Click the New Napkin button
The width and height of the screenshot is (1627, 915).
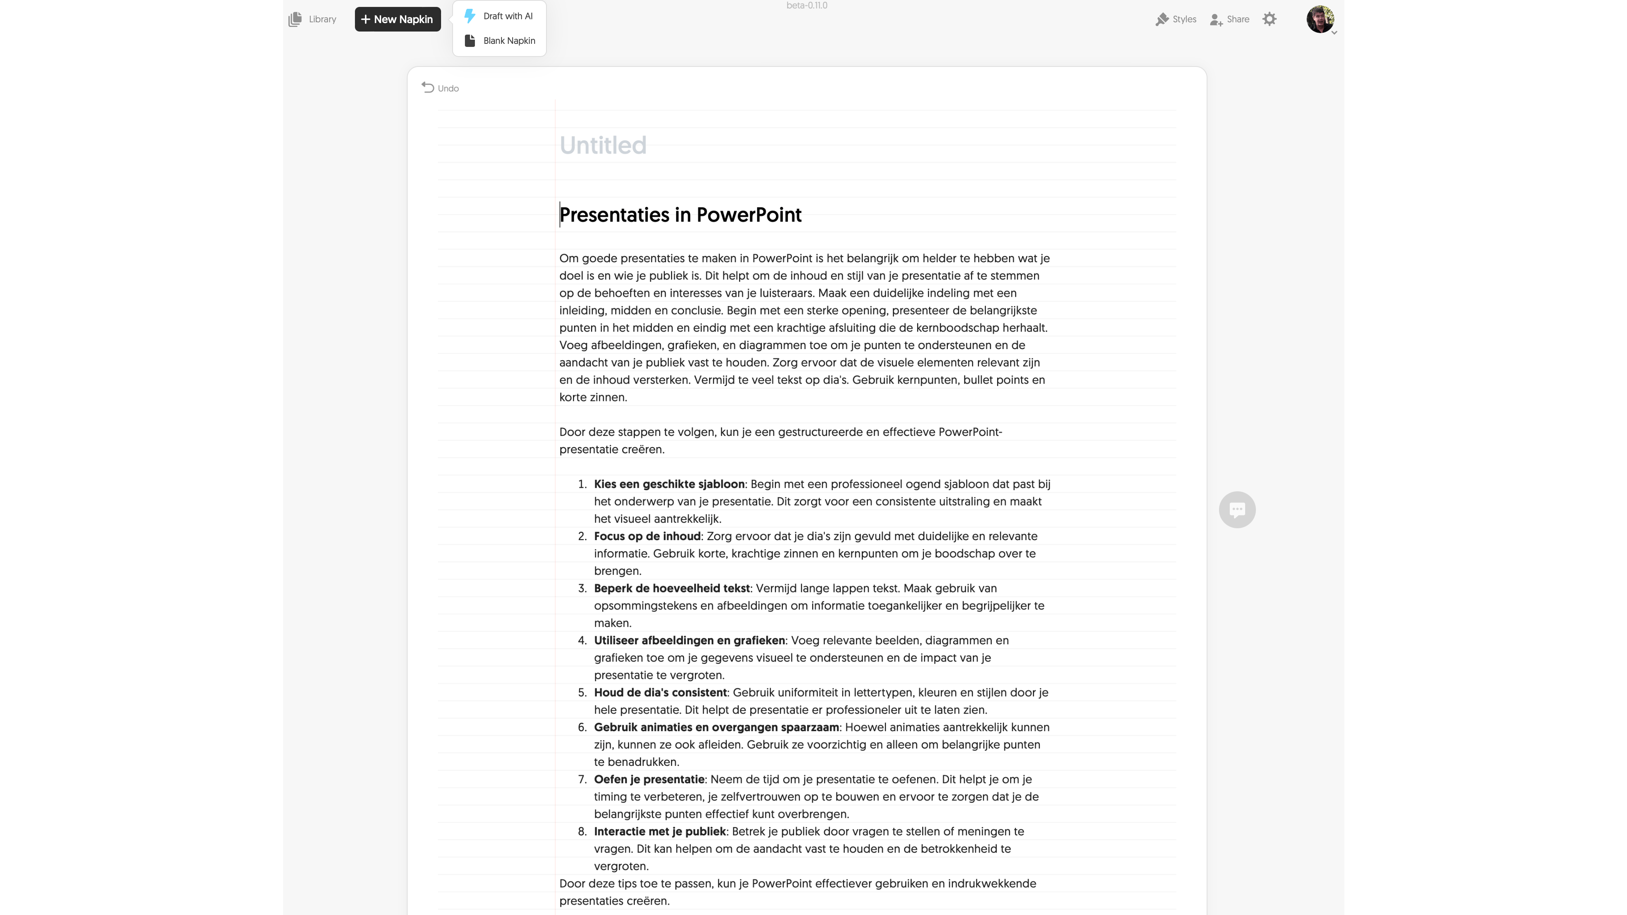pos(397,19)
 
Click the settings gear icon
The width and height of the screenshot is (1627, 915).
pos(1269,19)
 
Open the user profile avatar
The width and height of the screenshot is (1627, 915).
pos(1319,19)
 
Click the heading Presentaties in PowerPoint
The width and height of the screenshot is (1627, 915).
pos(680,215)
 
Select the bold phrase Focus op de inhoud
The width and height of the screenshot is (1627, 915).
pos(647,536)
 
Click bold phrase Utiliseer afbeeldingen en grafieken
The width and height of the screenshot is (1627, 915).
pos(689,640)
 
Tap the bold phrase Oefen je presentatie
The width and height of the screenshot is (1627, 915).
pos(649,779)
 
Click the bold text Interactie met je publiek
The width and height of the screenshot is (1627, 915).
pos(659,832)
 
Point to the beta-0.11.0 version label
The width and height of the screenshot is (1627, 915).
pos(806,6)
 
